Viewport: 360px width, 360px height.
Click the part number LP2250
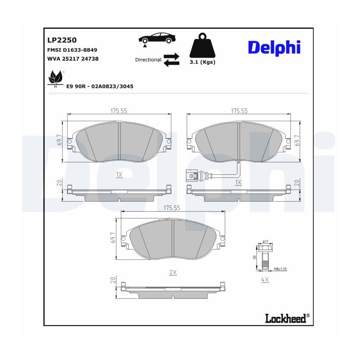point(62,40)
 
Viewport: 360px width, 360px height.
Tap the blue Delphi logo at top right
point(274,48)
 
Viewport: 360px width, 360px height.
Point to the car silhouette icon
point(157,38)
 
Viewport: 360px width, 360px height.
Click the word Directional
point(148,60)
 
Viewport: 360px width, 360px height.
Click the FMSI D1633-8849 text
point(72,50)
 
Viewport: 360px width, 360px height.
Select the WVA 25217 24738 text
point(73,59)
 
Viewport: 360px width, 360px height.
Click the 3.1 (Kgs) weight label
point(202,62)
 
